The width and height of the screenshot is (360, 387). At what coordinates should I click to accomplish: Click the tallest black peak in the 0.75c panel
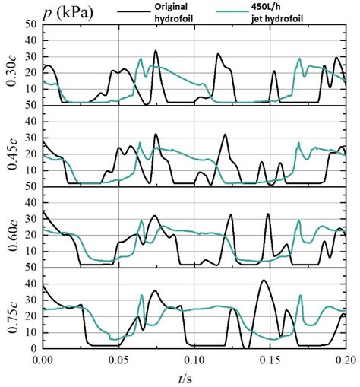263,281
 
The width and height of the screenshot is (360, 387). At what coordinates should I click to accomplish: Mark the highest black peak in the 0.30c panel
156,52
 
